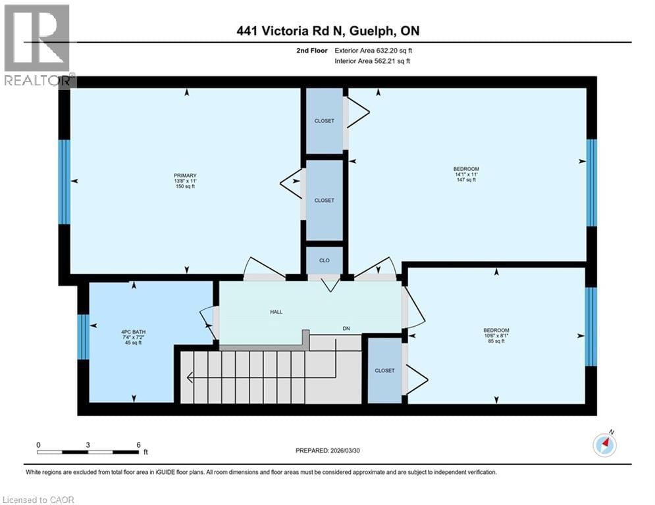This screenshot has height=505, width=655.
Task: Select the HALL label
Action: click(x=276, y=312)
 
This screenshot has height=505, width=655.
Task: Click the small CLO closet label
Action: click(x=325, y=260)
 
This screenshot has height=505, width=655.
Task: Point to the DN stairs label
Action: click(x=346, y=328)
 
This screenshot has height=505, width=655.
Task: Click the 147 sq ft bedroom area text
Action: click(x=466, y=180)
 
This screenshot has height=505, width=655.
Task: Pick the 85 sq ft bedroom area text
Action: click(x=496, y=341)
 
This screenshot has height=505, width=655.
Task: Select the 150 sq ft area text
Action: click(x=184, y=187)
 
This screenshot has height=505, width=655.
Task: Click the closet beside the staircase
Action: click(x=384, y=370)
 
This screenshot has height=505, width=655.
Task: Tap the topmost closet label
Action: click(x=324, y=121)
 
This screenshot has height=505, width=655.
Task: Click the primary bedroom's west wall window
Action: click(x=64, y=181)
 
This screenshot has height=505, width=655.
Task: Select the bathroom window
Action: click(x=83, y=337)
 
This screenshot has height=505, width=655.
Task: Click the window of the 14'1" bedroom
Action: click(x=591, y=182)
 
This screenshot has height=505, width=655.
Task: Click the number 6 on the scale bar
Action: click(x=138, y=445)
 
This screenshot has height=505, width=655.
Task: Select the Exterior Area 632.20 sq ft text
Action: click(x=373, y=50)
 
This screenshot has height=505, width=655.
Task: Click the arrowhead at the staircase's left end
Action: click(x=190, y=377)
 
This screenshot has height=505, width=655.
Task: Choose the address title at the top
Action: click(x=327, y=31)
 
